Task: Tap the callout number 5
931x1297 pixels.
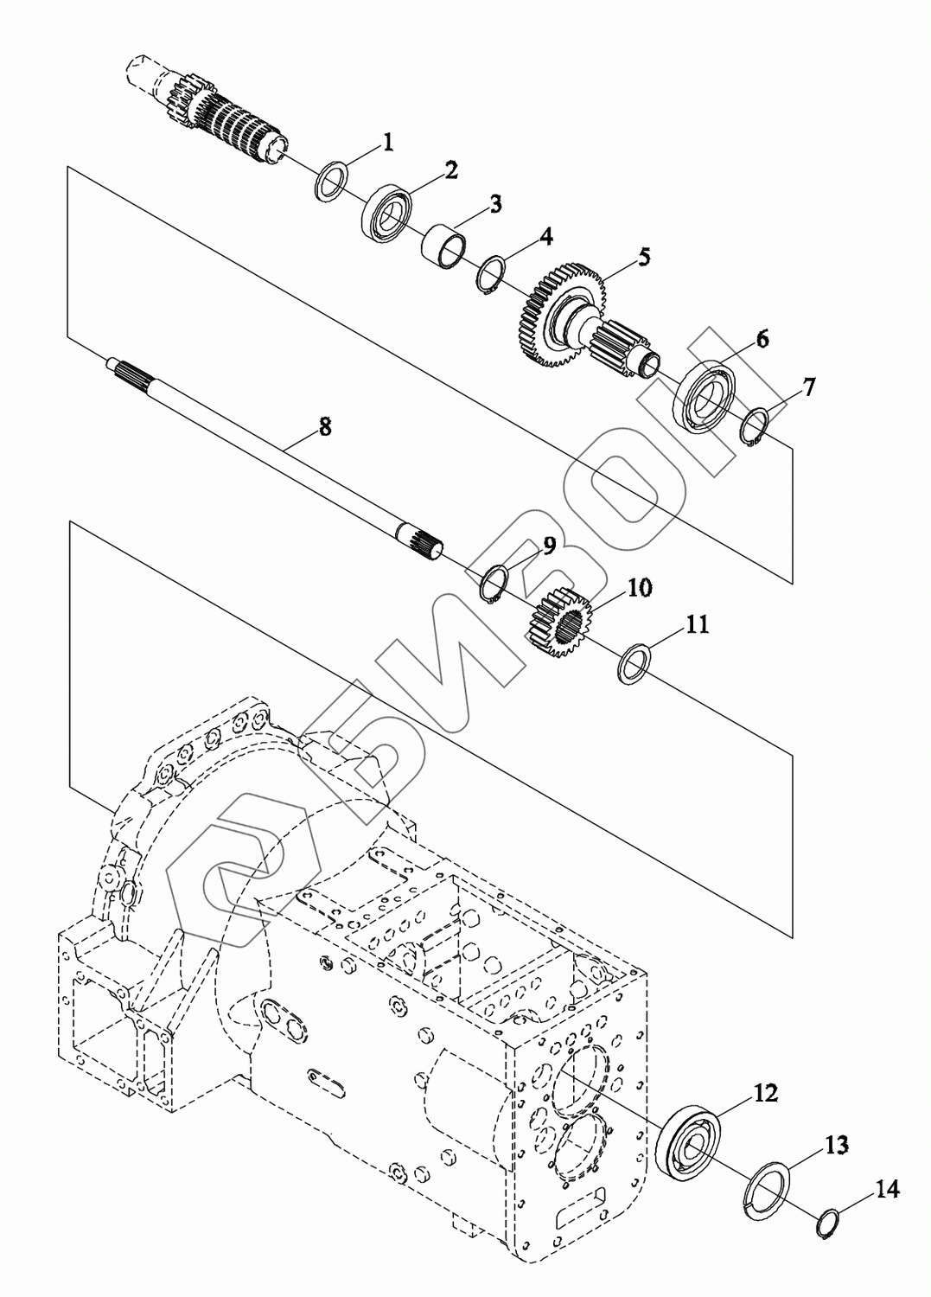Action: tap(643, 256)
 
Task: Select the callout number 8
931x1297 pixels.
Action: tap(325, 427)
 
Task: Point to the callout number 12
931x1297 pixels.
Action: tap(765, 1093)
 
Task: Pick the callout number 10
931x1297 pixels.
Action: tap(639, 588)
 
